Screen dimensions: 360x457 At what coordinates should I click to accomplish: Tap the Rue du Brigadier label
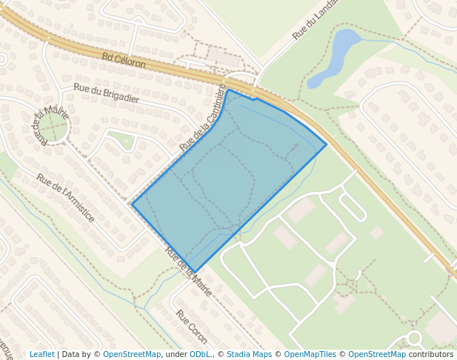(107, 93)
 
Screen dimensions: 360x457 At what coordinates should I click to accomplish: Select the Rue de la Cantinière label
(203, 118)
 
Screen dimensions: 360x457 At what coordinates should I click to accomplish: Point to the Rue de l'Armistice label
(66, 198)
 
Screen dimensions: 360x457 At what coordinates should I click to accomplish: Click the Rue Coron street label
(192, 326)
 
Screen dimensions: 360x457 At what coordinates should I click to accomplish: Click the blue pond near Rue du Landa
(336, 55)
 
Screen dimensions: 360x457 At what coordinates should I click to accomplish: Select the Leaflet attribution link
(41, 354)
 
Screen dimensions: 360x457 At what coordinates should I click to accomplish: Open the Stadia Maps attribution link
(249, 354)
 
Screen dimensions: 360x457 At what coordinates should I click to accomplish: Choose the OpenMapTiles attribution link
(310, 354)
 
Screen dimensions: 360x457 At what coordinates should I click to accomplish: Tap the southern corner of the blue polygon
(194, 272)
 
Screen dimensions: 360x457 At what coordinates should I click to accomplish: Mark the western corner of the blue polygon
(133, 204)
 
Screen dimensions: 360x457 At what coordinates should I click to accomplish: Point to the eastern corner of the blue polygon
(327, 144)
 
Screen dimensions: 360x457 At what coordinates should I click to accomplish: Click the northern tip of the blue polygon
(228, 90)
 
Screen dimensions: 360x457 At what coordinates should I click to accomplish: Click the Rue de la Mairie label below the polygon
(189, 272)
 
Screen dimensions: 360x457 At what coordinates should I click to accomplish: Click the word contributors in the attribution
(430, 354)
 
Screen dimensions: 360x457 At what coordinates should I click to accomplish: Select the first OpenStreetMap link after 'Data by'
(132, 354)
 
